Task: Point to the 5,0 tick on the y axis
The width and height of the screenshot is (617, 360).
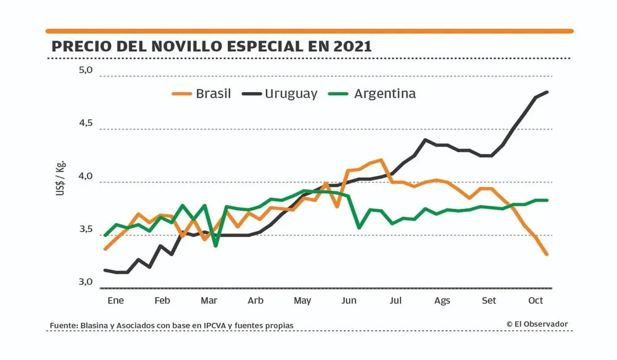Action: pyautogui.click(x=85, y=70)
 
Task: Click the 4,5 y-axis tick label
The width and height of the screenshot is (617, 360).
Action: pyautogui.click(x=85, y=123)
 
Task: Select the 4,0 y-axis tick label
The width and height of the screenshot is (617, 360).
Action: pyautogui.click(x=85, y=176)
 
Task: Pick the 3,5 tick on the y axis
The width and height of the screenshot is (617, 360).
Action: pyautogui.click(x=85, y=229)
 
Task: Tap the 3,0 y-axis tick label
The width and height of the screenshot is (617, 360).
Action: pyautogui.click(x=85, y=282)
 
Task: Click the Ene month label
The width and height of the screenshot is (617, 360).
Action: pyautogui.click(x=115, y=301)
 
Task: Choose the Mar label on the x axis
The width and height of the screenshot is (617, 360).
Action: pyautogui.click(x=209, y=301)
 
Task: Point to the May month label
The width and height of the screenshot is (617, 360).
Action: pyautogui.click(x=302, y=301)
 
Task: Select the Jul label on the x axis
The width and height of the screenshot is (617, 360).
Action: pyautogui.click(x=395, y=301)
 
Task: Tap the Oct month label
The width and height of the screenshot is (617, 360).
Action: pyautogui.click(x=536, y=301)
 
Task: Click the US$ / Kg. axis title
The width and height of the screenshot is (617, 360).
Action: pyautogui.click(x=60, y=179)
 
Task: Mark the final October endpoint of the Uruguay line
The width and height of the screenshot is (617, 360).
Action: pyautogui.click(x=547, y=92)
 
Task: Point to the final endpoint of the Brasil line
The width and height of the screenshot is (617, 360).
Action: pyautogui.click(x=547, y=254)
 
